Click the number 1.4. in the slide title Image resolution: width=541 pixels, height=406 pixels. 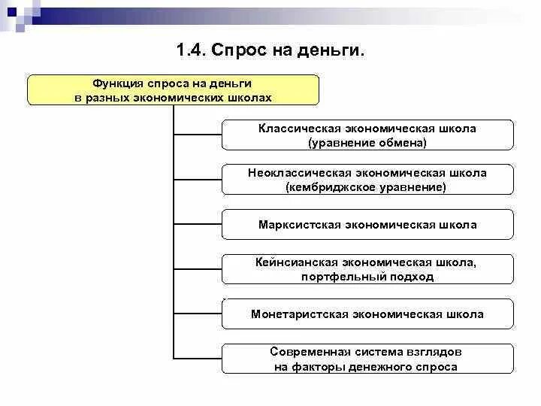(x=191, y=50)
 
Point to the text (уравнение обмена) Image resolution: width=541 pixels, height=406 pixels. (x=367, y=142)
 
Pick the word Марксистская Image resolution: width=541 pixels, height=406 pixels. (x=299, y=225)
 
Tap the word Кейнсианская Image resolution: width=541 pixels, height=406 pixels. (x=298, y=262)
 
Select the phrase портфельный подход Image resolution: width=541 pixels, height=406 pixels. (x=367, y=277)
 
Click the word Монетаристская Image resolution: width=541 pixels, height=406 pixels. (x=299, y=314)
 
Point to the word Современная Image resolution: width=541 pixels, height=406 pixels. (x=308, y=352)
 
